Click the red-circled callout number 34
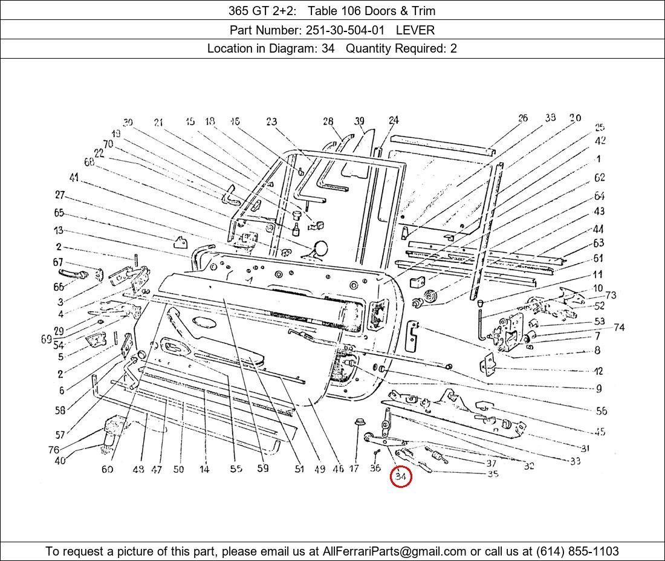(400, 477)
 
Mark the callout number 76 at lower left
(54, 450)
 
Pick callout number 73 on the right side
(611, 295)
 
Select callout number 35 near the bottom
(493, 474)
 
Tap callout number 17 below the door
(354, 469)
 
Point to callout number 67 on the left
(58, 262)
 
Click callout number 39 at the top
(360, 121)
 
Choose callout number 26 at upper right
(523, 118)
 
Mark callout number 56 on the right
(601, 411)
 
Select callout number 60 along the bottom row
(107, 469)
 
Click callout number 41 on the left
(74, 178)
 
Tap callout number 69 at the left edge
(47, 339)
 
